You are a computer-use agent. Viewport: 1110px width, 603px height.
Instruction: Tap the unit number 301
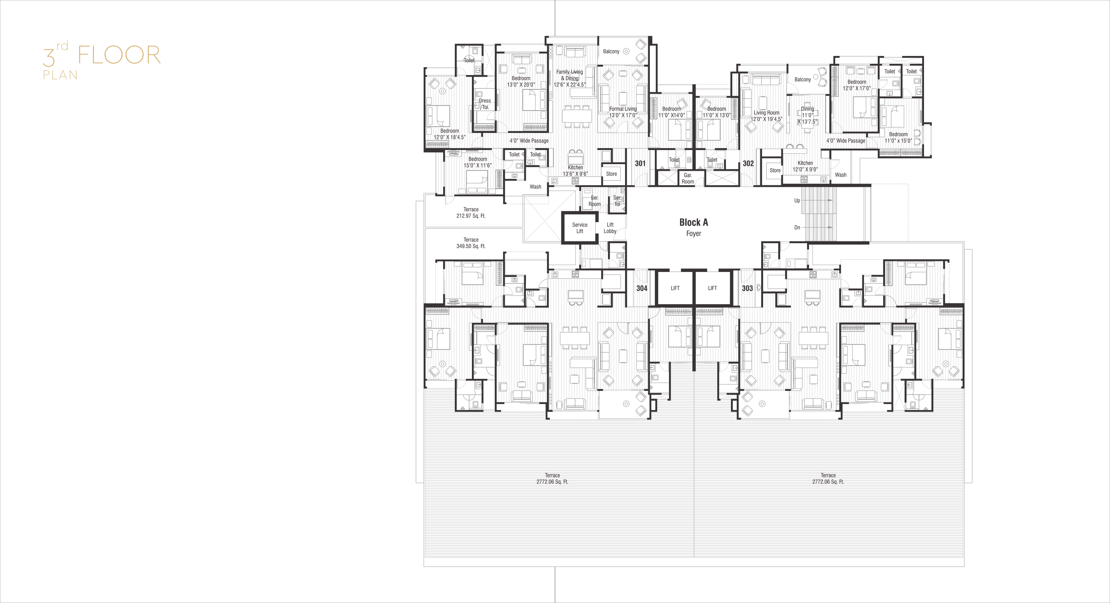tap(640, 163)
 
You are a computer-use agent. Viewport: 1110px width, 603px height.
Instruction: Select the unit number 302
tap(748, 163)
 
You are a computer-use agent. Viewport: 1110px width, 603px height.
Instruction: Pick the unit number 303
tap(747, 288)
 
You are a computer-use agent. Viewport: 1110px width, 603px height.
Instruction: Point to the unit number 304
tap(641, 288)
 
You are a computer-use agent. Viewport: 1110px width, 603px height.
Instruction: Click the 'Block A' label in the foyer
tap(694, 222)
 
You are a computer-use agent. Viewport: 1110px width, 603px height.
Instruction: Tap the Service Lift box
tap(579, 228)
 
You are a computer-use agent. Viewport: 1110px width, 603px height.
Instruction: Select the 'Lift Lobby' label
tap(610, 228)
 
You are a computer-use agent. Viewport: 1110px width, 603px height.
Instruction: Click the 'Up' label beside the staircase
tap(797, 200)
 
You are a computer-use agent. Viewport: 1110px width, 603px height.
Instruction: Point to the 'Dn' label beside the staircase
tap(797, 227)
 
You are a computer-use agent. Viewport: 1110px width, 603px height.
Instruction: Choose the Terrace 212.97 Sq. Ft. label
tap(471, 213)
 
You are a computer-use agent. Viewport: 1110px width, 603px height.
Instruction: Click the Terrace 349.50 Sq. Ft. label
tap(471, 243)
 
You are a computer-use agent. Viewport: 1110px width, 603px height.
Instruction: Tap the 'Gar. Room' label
tap(688, 178)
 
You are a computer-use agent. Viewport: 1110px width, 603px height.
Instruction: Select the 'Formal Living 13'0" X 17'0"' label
tap(623, 112)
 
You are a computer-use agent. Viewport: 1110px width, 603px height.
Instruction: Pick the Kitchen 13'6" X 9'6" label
tap(575, 171)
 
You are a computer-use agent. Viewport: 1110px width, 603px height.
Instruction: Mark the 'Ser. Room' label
tap(595, 201)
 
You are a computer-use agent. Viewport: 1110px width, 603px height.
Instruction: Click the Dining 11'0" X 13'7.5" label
tap(807, 116)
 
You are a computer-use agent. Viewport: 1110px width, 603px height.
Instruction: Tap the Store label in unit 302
tap(775, 170)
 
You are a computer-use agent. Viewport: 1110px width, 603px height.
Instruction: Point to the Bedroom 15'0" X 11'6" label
tap(478, 162)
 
